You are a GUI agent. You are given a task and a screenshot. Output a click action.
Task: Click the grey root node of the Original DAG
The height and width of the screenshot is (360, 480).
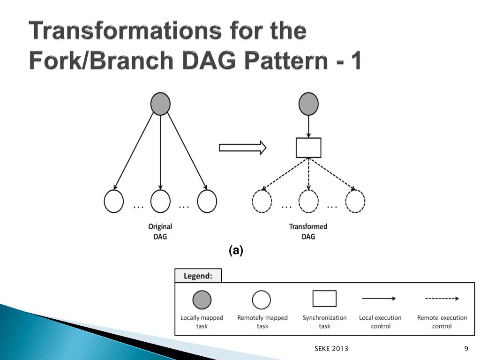(160, 104)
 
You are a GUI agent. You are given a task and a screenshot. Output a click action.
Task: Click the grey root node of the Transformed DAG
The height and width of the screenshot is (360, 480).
(308, 104)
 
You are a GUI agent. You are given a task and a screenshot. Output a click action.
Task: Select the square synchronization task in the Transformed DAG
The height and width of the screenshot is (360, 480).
(308, 148)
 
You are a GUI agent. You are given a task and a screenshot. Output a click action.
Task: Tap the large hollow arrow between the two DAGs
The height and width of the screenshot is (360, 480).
(242, 148)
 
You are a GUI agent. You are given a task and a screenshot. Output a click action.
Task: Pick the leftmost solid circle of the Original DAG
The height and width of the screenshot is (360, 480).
(114, 202)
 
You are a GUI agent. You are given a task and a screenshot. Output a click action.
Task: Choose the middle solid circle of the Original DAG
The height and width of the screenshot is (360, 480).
(160, 202)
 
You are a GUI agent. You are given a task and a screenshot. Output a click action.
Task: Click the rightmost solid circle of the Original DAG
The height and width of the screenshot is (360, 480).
(207, 202)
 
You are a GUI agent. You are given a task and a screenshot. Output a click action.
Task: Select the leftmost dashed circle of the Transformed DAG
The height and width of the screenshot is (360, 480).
(262, 202)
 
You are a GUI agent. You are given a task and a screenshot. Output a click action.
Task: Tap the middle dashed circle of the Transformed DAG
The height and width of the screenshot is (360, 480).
(308, 202)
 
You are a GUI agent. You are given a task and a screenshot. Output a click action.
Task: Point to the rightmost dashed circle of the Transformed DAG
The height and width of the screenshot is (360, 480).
(355, 202)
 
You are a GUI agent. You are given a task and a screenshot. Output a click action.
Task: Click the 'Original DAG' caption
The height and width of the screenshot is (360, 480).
(160, 232)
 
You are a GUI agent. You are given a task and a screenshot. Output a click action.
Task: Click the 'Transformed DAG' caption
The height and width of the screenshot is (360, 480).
(308, 232)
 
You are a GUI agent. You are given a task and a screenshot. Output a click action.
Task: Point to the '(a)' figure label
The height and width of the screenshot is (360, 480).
(236, 251)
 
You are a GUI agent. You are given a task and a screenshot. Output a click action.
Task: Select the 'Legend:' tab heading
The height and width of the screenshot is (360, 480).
(198, 276)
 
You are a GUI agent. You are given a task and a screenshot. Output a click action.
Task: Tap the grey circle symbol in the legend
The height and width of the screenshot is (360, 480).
(202, 300)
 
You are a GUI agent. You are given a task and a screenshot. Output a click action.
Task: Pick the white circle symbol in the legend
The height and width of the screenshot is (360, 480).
(262, 300)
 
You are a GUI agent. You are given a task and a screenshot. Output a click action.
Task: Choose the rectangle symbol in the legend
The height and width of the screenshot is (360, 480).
(324, 299)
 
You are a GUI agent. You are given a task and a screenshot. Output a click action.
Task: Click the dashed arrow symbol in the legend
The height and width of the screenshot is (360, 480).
(442, 299)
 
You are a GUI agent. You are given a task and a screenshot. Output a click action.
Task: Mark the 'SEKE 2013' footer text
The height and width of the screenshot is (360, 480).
(331, 348)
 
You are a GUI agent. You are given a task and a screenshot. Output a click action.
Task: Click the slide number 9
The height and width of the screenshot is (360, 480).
(466, 348)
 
